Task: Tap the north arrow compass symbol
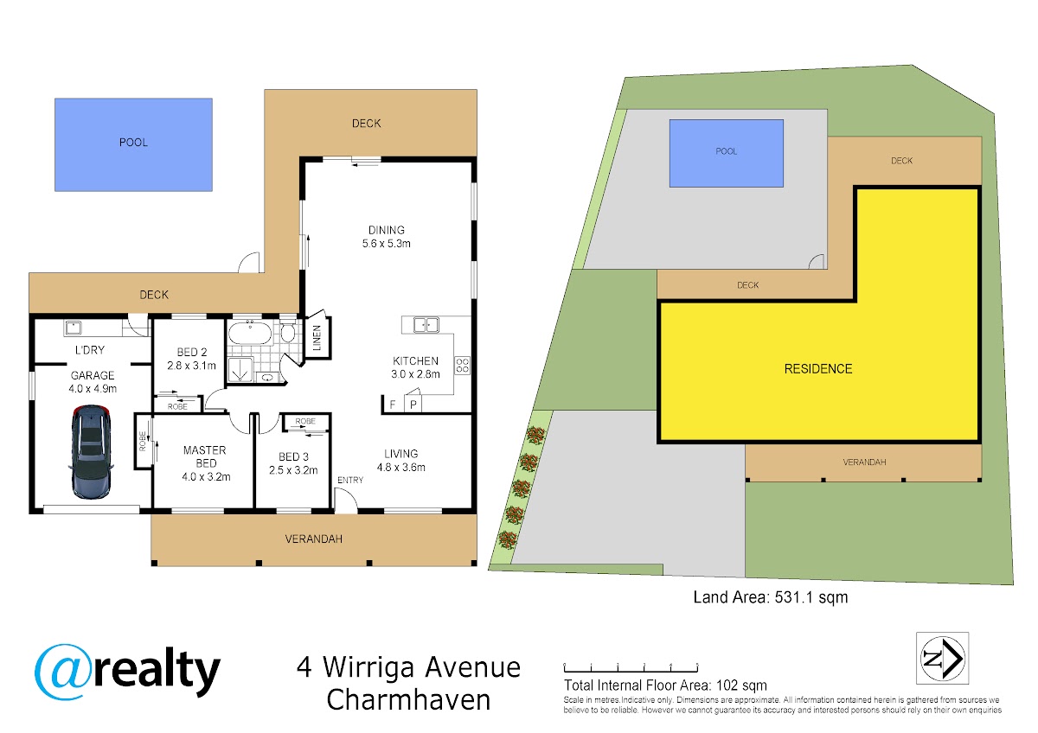tap(942, 658)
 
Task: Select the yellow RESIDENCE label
tap(818, 368)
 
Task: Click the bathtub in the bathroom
tap(250, 333)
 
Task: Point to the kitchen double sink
tap(426, 325)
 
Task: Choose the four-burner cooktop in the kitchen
tap(462, 365)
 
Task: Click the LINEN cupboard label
tap(317, 338)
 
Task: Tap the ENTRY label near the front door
tap(349, 480)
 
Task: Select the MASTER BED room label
tap(205, 456)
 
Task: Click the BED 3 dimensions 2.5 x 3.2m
tap(293, 470)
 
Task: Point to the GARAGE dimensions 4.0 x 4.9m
tap(93, 388)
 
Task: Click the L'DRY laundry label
tap(90, 349)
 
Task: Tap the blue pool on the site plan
tap(726, 153)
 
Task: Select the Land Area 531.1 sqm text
tap(771, 597)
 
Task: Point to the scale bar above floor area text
tap(631, 667)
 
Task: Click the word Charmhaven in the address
tap(408, 699)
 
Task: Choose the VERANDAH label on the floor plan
tap(314, 539)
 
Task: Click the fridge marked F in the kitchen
tap(394, 405)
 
